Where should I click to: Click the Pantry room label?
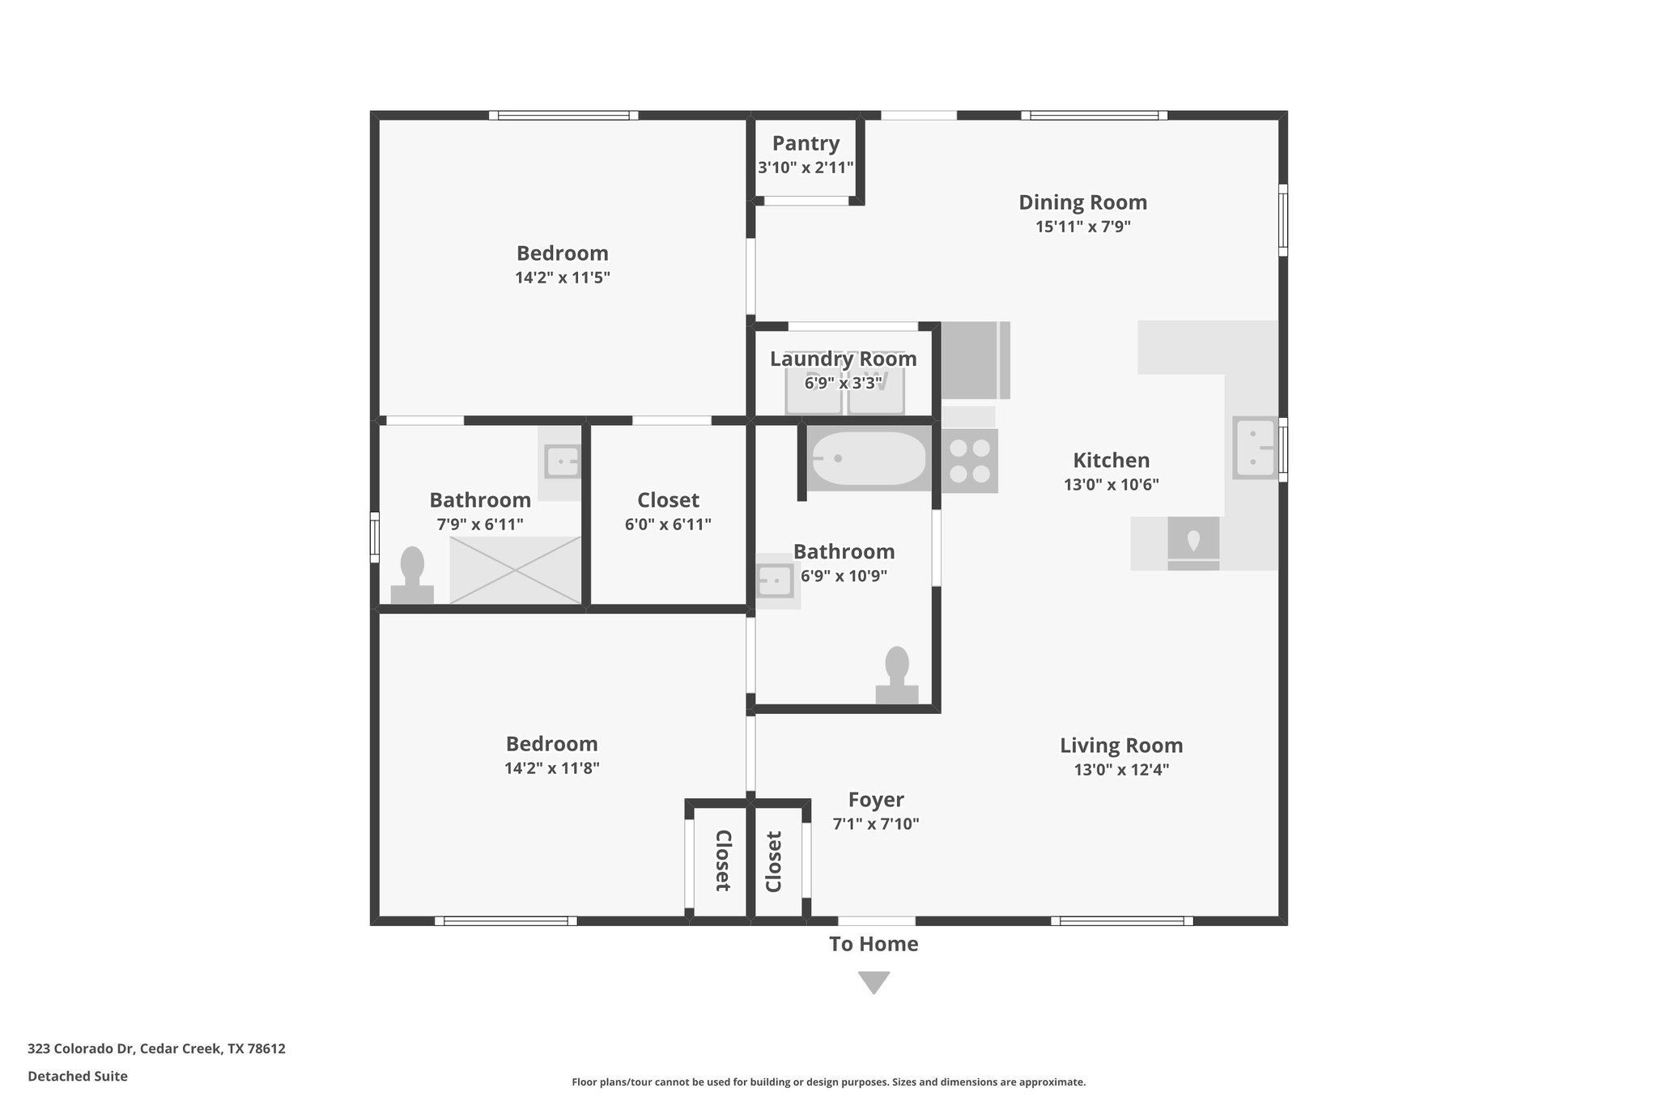pos(806,143)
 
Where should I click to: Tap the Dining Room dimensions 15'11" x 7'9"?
pos(1082,227)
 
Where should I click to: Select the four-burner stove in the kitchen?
pos(970,461)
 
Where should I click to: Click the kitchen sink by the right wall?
pos(1254,448)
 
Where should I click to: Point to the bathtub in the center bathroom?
pos(869,458)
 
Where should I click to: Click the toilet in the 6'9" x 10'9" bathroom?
pos(897,675)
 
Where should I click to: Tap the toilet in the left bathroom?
pos(412,575)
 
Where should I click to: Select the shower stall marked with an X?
pos(515,570)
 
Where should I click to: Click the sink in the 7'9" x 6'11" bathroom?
pos(562,462)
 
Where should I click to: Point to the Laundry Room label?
pos(843,359)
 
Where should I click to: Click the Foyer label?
pos(876,800)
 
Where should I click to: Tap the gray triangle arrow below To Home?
pos(874,982)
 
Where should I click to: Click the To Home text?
pos(874,944)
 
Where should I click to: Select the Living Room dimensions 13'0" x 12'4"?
pos(1121,770)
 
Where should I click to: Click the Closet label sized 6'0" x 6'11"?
pos(668,499)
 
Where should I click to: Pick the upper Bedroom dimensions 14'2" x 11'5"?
pos(562,278)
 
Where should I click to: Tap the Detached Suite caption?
pos(78,1076)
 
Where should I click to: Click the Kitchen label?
pos(1111,461)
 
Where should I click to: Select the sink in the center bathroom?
pos(775,580)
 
